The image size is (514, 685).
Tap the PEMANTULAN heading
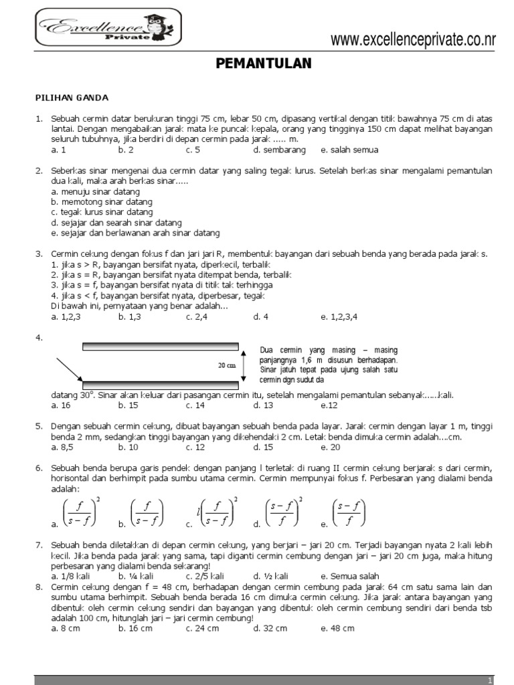tap(264, 64)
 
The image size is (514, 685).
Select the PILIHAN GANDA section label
tap(72, 98)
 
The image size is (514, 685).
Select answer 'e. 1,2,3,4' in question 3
tap(339, 317)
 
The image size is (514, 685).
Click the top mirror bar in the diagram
tap(160, 346)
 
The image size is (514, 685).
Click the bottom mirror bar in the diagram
tap(160, 385)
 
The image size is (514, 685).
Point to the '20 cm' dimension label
tap(227, 366)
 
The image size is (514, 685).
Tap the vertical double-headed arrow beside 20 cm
tap(244, 366)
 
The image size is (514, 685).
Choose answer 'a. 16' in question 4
tap(61, 405)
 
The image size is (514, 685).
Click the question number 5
tap(39, 426)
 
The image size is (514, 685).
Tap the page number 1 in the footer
tap(491, 680)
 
